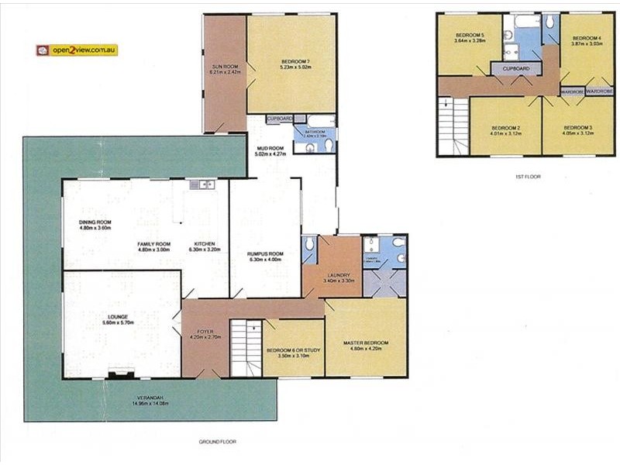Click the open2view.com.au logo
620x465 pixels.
pos(77,50)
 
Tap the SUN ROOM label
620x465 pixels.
pos(224,67)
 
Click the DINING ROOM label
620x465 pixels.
pos(95,222)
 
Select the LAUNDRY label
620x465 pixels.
pos(339,275)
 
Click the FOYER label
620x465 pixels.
pos(205,332)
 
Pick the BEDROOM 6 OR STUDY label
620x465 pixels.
pos(293,350)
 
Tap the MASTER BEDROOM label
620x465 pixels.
pos(364,343)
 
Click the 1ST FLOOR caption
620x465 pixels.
pos(527,177)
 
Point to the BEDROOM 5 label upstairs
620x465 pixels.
pos(470,36)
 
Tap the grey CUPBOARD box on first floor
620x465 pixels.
pos(516,69)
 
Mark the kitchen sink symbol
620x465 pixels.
pos(203,184)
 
